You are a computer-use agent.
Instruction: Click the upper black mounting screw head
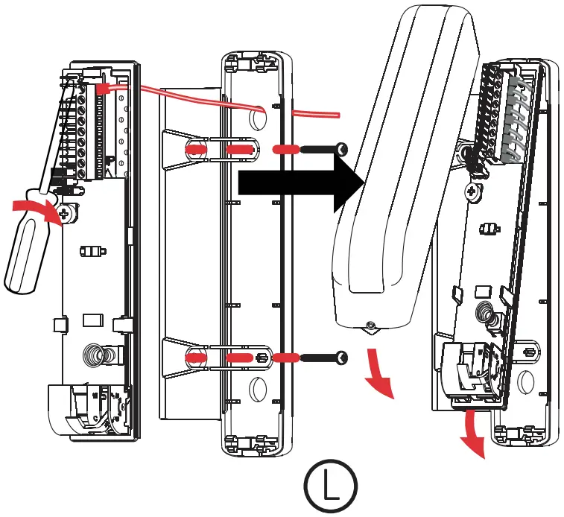click(x=342, y=150)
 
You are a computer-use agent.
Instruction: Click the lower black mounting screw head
click(x=342, y=358)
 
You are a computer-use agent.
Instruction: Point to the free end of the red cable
click(x=338, y=115)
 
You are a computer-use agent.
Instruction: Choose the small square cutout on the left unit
click(x=91, y=320)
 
